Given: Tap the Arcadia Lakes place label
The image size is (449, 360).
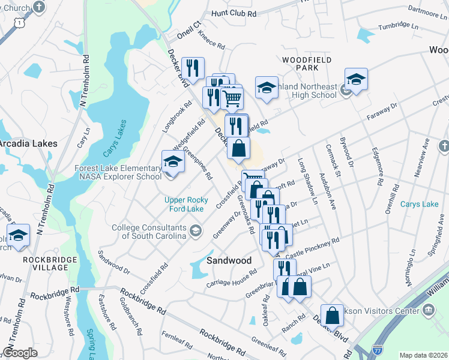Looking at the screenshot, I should [x=28, y=144].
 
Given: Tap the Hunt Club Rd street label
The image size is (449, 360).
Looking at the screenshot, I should [x=234, y=13].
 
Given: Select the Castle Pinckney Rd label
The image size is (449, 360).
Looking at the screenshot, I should [x=316, y=246].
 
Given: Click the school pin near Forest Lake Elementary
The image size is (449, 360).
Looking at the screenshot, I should [x=172, y=163].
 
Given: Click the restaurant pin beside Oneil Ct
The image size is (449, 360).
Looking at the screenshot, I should [x=193, y=69].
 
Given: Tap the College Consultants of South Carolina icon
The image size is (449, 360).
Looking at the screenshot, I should [x=195, y=230].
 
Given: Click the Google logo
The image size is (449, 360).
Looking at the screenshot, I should [x=20, y=352].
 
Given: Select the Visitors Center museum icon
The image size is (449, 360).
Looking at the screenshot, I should [x=428, y=310].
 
